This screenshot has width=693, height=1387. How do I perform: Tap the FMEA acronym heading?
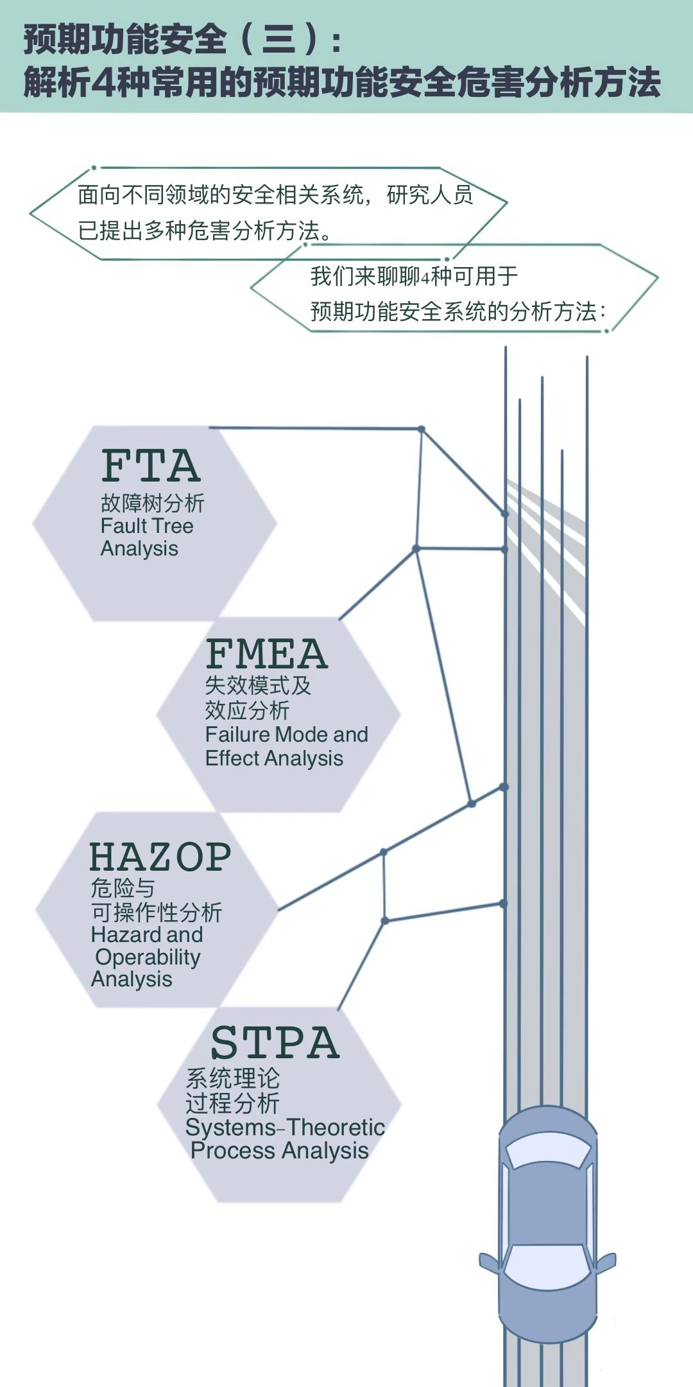coord(266,654)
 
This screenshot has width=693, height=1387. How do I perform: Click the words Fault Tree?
coord(147,526)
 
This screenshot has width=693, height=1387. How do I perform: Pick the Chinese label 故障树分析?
coord(152,503)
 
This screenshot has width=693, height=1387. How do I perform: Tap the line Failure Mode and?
coord(286,734)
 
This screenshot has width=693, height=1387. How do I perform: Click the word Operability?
coord(148,957)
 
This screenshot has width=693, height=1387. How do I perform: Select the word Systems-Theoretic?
coord(285,1127)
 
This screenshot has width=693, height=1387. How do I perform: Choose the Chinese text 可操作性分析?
coord(157,912)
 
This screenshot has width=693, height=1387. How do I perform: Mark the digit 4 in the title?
coord(103,82)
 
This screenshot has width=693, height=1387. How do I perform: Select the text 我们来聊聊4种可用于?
coord(414,276)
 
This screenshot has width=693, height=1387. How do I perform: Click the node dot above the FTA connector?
coord(422,429)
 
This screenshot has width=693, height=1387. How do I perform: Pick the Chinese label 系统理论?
coord(232,1078)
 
